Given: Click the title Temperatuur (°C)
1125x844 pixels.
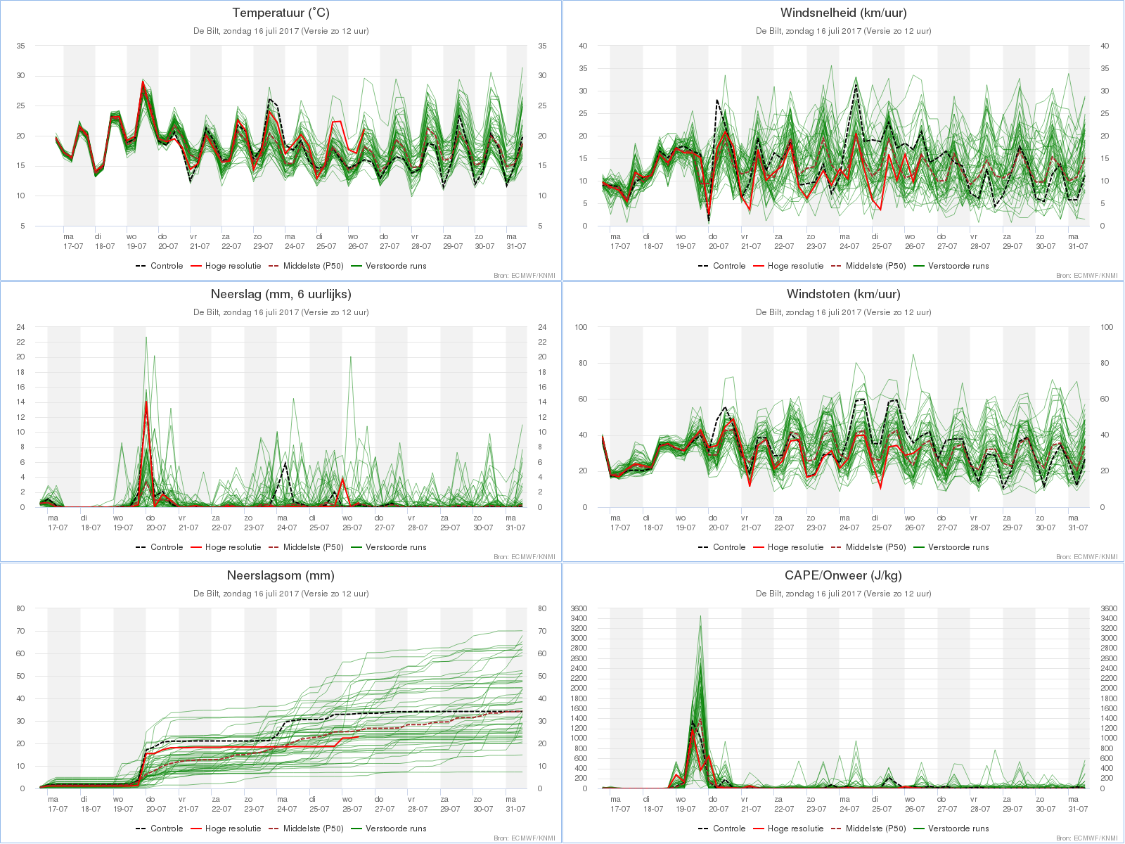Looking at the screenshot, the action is pos(281,13).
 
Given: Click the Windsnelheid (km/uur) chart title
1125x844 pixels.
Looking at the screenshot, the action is pos(843,13).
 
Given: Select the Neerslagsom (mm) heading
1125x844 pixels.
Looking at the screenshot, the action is pos(281,575).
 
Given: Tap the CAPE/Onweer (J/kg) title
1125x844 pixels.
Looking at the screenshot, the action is pos(843,575).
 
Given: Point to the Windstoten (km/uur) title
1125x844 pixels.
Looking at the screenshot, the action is pos(843,294).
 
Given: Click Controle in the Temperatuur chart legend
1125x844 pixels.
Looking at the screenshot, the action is pos(167,266).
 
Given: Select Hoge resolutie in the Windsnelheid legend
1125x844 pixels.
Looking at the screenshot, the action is pos(795,266).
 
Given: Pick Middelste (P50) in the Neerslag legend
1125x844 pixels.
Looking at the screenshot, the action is pos(313,547).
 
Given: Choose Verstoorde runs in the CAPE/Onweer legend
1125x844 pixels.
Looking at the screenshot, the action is pos(958,829).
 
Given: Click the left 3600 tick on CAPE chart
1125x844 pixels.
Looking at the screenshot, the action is pos(579,609).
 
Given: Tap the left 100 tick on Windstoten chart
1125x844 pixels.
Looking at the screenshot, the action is pos(581,327).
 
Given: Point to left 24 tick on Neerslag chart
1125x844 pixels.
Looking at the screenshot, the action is pos(20,327).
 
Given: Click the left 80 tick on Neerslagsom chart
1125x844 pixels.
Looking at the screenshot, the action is pos(20,609).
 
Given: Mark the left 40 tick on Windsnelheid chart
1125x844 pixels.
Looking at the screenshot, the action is pos(584,46).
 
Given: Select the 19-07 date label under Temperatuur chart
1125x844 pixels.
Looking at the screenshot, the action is pos(136,246).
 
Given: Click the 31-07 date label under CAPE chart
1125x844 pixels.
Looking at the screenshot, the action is pos(1078,809).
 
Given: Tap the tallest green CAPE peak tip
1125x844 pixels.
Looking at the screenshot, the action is pos(700,616).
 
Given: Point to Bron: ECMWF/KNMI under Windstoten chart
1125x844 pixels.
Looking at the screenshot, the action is pos(1086,557).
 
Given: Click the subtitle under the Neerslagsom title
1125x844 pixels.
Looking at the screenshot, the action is pos(281,594).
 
